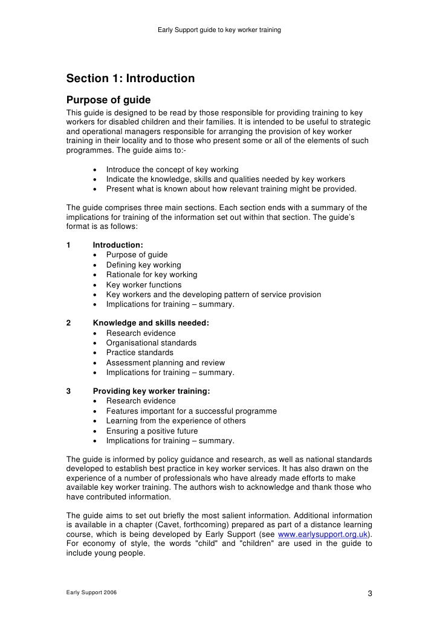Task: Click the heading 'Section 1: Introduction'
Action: (x=130, y=79)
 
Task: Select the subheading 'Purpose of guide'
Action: (x=108, y=100)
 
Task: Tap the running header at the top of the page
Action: (x=219, y=30)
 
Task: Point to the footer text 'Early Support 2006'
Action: (x=92, y=592)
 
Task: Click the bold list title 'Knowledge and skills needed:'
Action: (x=150, y=323)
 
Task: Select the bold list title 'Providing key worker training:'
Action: (x=151, y=391)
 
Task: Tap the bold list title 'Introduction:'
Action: (x=118, y=245)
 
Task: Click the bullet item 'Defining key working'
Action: (x=143, y=265)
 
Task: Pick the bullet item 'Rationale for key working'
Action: (x=151, y=275)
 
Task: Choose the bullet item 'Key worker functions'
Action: (x=143, y=285)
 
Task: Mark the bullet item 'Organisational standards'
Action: (x=151, y=343)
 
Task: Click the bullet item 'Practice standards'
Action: (x=140, y=353)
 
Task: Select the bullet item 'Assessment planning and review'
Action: (x=165, y=363)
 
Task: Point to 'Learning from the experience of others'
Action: (x=176, y=421)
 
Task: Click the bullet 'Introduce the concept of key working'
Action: (x=172, y=170)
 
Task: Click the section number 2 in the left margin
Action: (x=68, y=323)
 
